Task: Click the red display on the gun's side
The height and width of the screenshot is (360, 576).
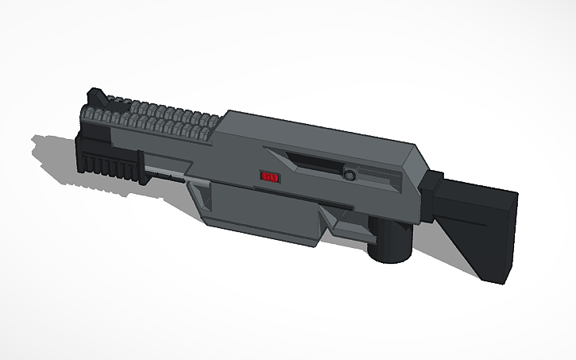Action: pyautogui.click(x=267, y=176)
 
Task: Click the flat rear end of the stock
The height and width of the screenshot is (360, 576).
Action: pyautogui.click(x=503, y=238)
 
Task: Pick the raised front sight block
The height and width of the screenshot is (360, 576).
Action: pyautogui.click(x=95, y=100)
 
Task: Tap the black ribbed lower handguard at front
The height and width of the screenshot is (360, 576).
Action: pyautogui.click(x=107, y=163)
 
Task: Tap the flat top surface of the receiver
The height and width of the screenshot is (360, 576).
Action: pyautogui.click(x=318, y=131)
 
